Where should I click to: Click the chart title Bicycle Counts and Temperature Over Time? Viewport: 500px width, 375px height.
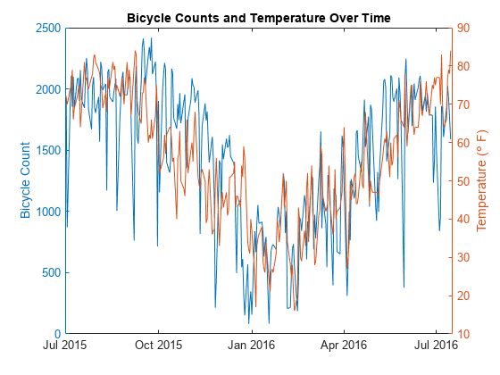pos(258,17)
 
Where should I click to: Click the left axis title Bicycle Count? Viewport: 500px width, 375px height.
pos(25,179)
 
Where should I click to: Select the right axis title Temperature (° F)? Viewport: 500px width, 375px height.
pos(481,179)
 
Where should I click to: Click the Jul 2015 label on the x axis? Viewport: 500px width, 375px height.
pos(65,344)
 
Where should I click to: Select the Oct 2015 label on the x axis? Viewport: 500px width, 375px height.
pos(157,344)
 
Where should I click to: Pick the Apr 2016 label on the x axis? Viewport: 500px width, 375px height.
pos(343,344)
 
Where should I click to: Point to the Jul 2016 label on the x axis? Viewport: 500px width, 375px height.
pos(435,344)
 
